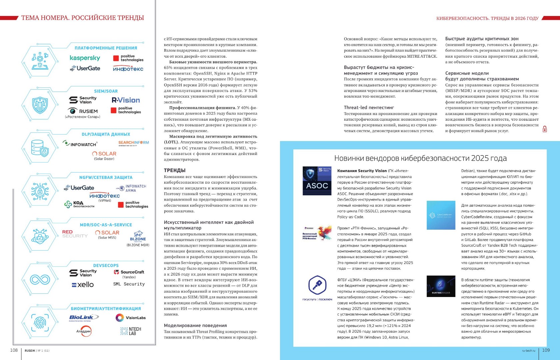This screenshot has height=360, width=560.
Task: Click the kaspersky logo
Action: tap(85, 58)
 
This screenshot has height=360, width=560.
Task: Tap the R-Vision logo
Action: tap(126, 100)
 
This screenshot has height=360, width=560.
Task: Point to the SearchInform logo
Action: tap(133, 143)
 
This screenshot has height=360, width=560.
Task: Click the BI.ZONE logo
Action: tap(138, 236)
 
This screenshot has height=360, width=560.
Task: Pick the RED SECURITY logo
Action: tap(75, 234)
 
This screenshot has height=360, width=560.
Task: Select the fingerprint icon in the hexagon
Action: tap(40, 322)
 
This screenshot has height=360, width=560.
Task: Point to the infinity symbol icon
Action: tap(40, 279)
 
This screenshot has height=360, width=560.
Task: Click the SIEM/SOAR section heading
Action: tap(106, 91)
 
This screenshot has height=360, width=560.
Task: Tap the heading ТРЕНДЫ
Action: tap(175, 170)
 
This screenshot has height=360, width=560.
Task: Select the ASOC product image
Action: tap(317, 181)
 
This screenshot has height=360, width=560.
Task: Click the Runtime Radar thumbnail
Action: tap(441, 286)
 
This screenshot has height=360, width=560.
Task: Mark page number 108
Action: tap(14, 350)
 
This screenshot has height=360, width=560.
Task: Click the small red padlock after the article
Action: tap(545, 129)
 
